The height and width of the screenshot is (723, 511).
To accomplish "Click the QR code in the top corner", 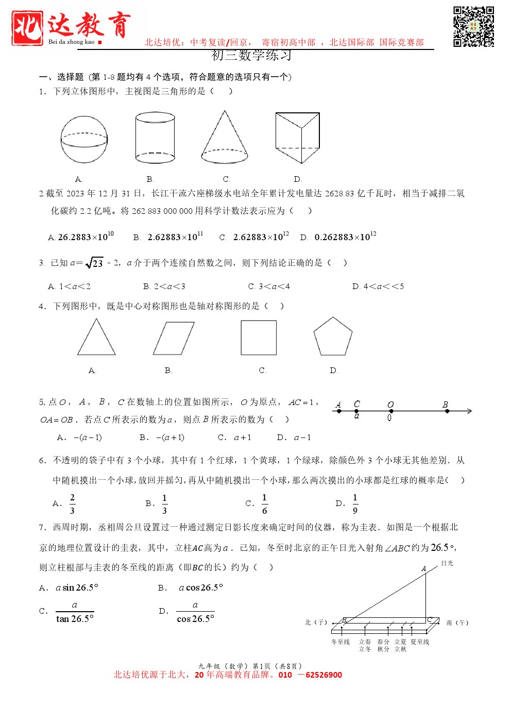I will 473,27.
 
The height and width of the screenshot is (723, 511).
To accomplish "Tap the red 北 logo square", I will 27,28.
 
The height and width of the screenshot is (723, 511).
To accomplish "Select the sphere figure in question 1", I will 84,139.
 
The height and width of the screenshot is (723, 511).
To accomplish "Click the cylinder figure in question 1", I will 155,138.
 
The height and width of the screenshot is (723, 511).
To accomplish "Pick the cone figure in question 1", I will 225,138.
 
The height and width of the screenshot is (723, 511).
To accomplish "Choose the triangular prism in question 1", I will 297,138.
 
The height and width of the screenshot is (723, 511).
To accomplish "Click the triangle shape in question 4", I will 96,338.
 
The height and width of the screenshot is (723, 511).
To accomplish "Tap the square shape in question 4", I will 259,338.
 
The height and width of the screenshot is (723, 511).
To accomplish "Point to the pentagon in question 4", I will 333,337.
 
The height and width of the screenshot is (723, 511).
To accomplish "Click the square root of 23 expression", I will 95,263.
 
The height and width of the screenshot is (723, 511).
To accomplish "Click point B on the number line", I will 447,411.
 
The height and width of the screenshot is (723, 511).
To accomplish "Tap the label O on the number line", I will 390,405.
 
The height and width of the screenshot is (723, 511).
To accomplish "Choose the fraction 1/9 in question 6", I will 355,503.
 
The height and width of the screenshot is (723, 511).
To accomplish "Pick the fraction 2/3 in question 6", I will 72,503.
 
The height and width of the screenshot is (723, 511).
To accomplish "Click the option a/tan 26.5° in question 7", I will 75,612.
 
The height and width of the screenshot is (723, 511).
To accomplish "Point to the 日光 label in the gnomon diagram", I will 447,563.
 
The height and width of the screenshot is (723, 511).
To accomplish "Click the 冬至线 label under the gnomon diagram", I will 340,642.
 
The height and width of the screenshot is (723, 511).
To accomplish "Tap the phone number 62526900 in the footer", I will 323,675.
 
